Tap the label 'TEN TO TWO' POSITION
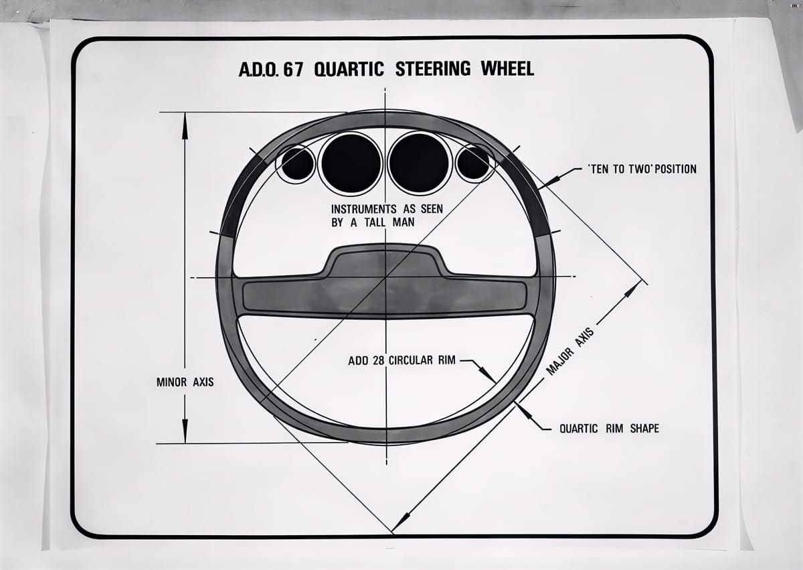coord(642,169)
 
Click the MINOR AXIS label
coord(185,382)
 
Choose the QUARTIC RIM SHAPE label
coord(609,428)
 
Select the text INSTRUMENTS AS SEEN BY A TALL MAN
coord(387,216)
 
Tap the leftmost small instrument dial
coord(297,163)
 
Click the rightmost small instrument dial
coord(473,163)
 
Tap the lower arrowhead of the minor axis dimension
coord(185,429)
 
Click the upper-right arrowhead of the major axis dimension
coord(632,290)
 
